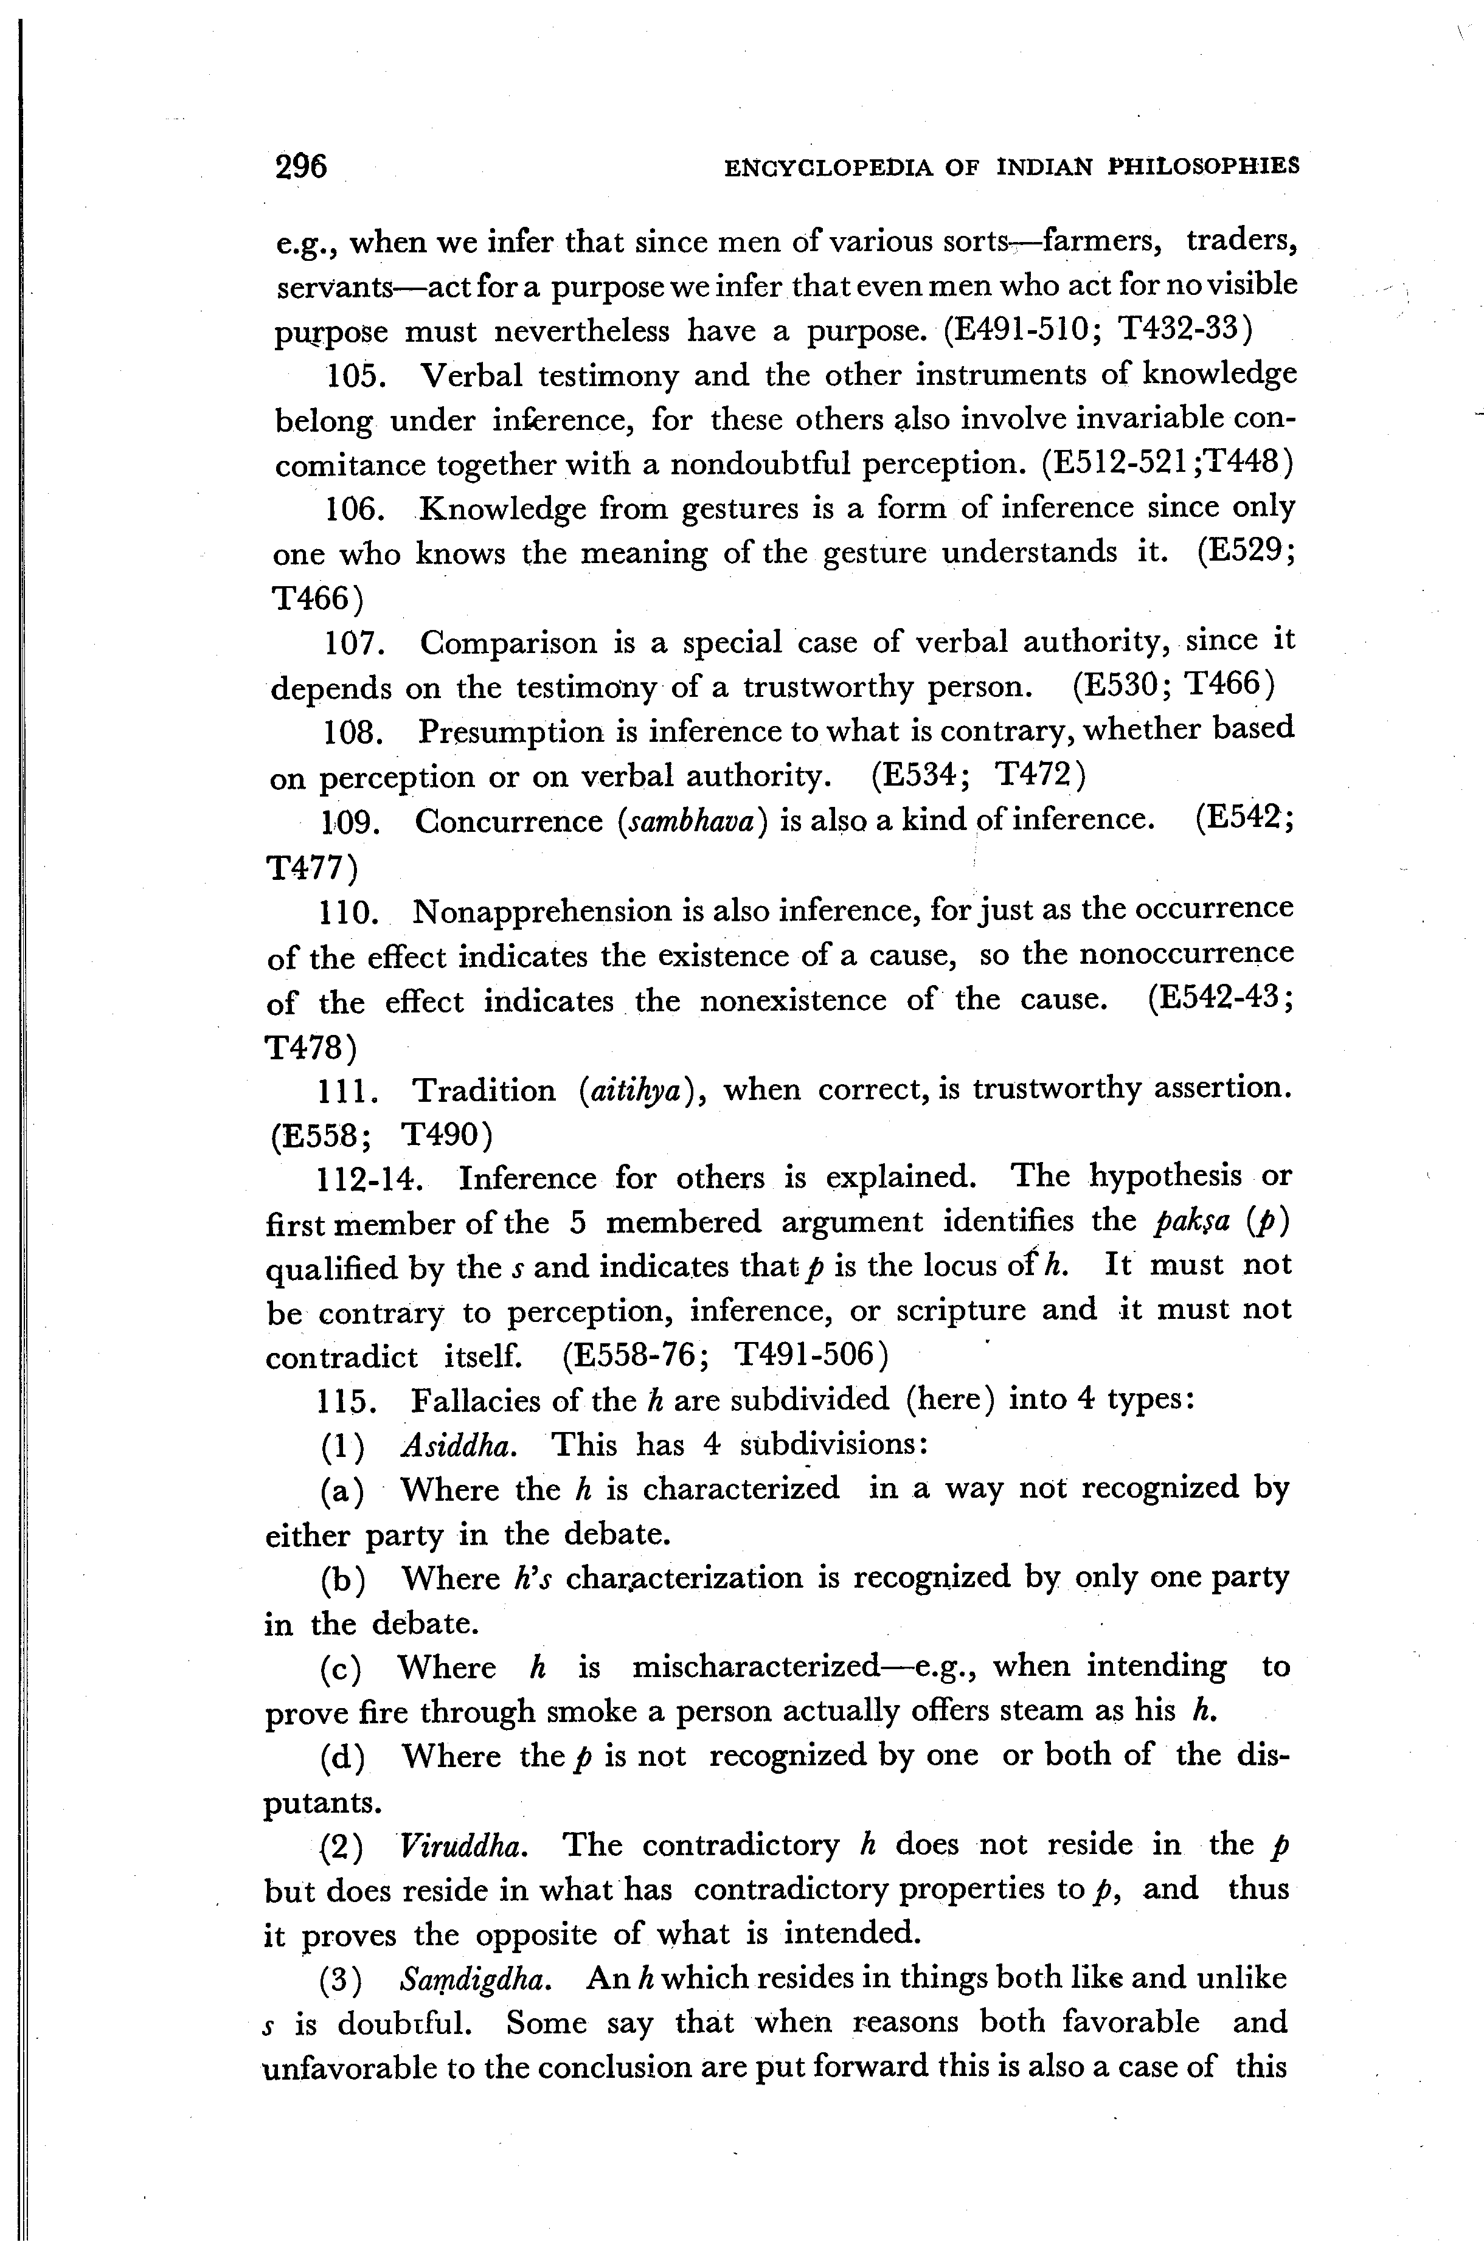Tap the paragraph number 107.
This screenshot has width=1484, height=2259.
coord(353,643)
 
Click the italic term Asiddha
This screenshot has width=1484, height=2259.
coord(460,1445)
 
